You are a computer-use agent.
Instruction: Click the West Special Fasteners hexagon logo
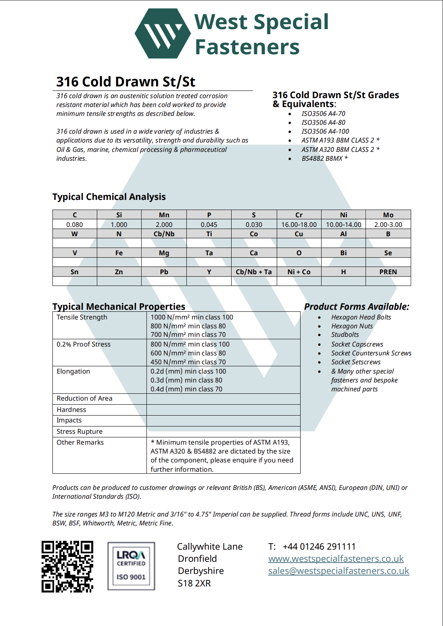coord(163,34)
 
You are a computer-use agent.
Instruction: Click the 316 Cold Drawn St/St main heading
coord(125,82)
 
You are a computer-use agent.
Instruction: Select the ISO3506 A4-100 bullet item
coord(325,131)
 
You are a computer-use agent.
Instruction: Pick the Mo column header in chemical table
coord(388,215)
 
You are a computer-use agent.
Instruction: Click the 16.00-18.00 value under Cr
coord(299,225)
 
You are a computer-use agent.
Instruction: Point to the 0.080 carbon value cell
coord(75,225)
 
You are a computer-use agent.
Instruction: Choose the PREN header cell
coord(388,272)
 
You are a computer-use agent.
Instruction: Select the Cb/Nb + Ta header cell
coord(254,272)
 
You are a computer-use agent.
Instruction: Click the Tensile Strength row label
coord(82,317)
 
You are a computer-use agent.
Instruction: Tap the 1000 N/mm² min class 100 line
coord(192,317)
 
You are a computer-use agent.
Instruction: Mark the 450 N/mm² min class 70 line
coord(188,362)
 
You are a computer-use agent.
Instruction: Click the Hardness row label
coord(71,410)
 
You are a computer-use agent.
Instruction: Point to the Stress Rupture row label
coord(79,431)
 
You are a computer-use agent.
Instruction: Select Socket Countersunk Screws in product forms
coord(371,353)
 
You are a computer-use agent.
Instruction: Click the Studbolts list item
coord(345,334)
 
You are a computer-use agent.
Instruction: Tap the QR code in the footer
coord(67,567)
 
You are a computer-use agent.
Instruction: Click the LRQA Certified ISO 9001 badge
coord(131,566)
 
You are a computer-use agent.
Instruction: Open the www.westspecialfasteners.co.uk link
coord(336,559)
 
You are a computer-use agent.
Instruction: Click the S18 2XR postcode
coord(194,583)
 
